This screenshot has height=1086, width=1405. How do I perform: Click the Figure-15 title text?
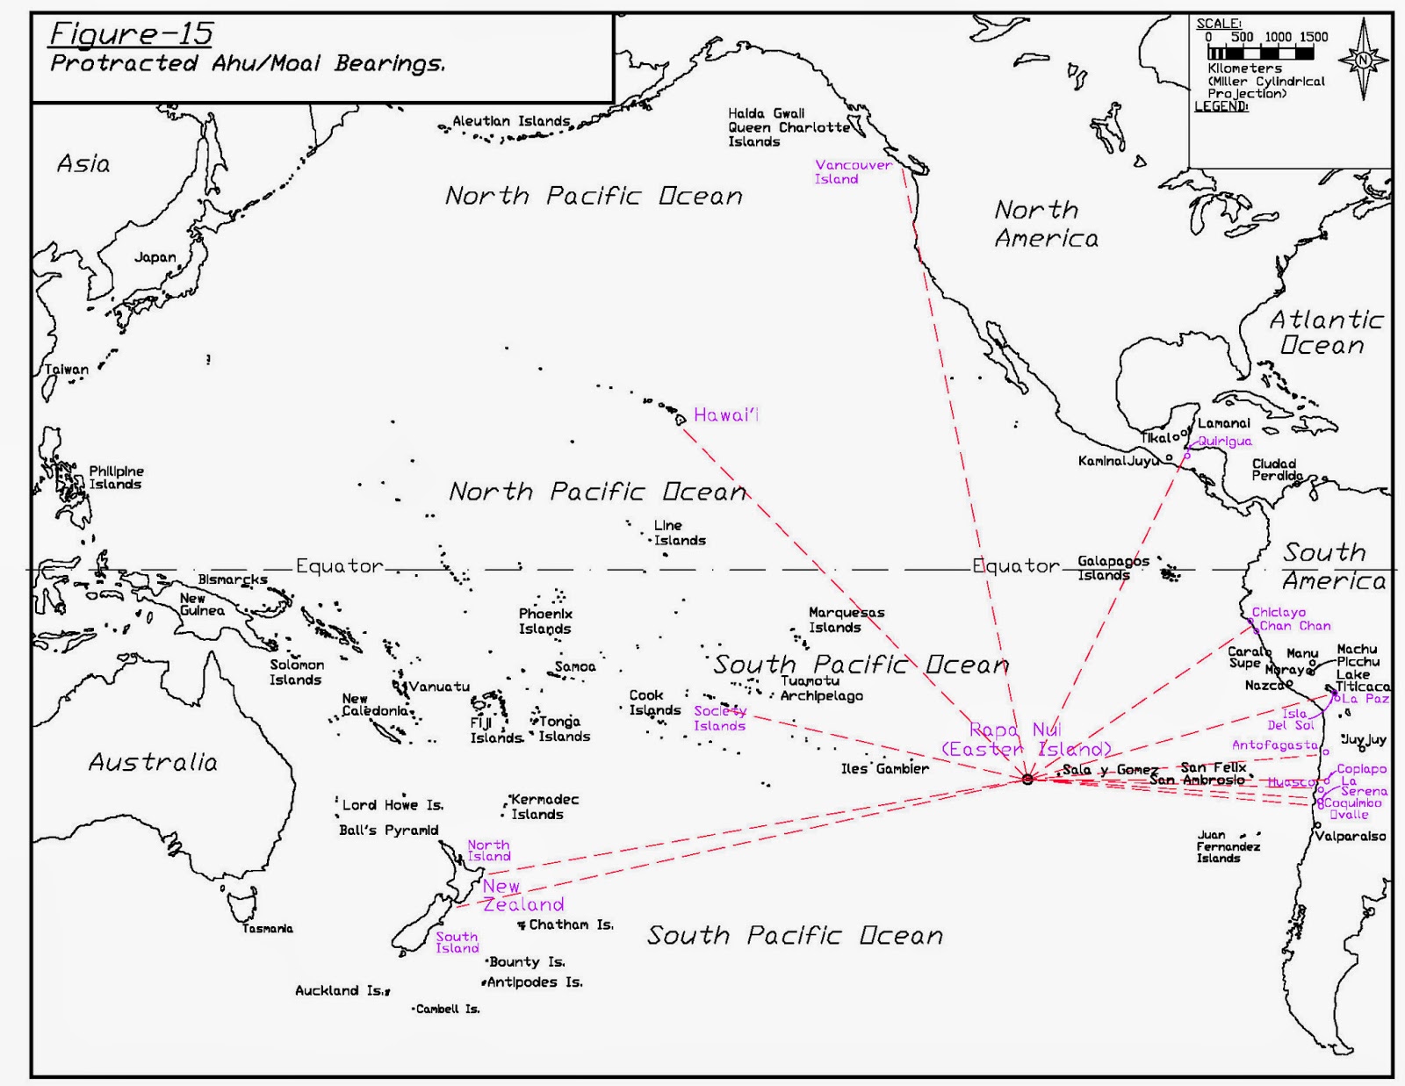coord(131,34)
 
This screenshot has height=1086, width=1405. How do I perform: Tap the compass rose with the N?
coord(1363,60)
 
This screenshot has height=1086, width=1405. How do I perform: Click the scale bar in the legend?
coord(1260,53)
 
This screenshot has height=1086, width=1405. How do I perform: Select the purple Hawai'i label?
coord(725,415)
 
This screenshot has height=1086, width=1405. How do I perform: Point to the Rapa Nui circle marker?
coord(1027,779)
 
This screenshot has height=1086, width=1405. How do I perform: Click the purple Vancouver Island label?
coord(852,171)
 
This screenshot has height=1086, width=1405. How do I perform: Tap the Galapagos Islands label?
coord(1112,568)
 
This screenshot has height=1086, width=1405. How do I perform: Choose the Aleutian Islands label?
coord(510,121)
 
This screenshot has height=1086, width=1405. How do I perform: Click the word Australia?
coord(153,762)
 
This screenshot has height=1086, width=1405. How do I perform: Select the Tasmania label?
coord(268,928)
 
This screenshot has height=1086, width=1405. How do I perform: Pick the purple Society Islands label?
coord(719,718)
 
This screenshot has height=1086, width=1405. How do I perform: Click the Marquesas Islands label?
coord(846,620)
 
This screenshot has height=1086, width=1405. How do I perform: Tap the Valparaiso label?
coord(1350,836)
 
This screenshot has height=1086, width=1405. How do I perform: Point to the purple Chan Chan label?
coord(1294,626)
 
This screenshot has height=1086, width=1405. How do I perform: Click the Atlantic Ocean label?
coord(1325,332)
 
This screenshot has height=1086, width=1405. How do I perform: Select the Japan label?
coord(155,257)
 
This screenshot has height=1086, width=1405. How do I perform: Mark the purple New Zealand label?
coord(522,895)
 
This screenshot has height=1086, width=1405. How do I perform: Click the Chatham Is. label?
coord(570,924)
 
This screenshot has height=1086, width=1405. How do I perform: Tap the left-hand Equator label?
coord(339,566)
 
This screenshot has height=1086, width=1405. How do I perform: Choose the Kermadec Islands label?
coord(544,807)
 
